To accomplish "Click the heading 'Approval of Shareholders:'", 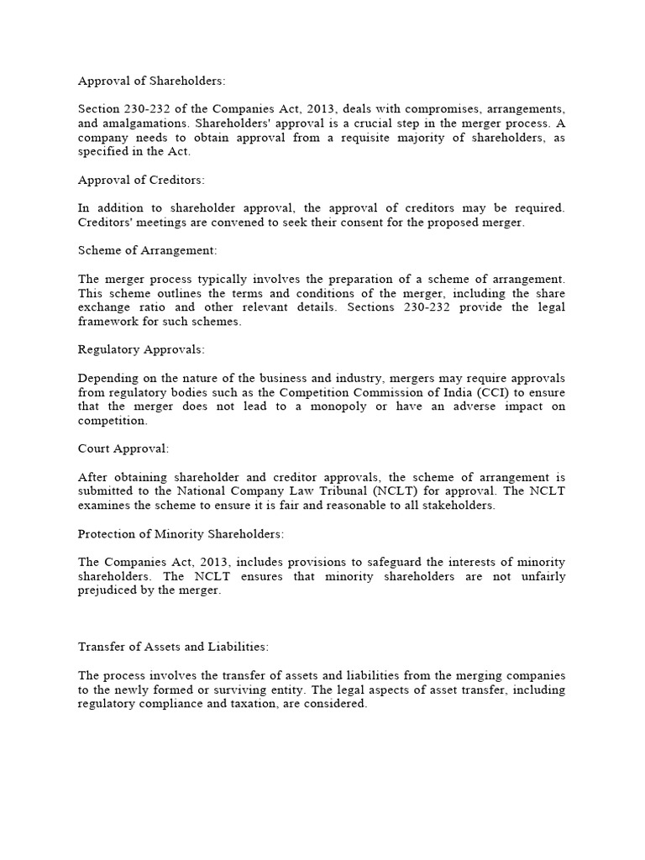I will [152, 81].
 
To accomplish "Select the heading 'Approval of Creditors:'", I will [141, 180].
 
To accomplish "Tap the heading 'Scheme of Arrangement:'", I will [147, 250].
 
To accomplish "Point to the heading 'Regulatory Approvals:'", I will [141, 349].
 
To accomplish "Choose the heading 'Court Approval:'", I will [123, 448].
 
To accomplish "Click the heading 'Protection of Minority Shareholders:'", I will [181, 533].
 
